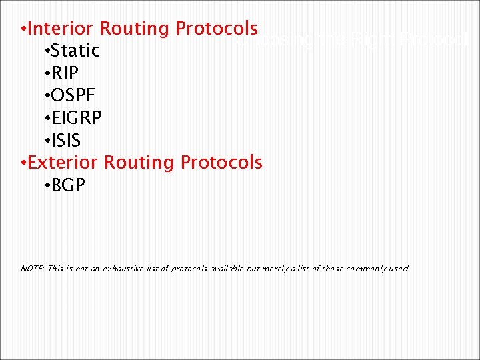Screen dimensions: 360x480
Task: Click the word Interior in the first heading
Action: tap(62, 29)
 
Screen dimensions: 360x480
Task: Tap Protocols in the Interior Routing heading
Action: tap(216, 29)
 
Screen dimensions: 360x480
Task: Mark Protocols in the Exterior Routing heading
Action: tap(221, 163)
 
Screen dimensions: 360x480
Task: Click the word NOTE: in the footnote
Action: tap(32, 269)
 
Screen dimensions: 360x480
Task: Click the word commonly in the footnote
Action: tap(364, 269)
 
